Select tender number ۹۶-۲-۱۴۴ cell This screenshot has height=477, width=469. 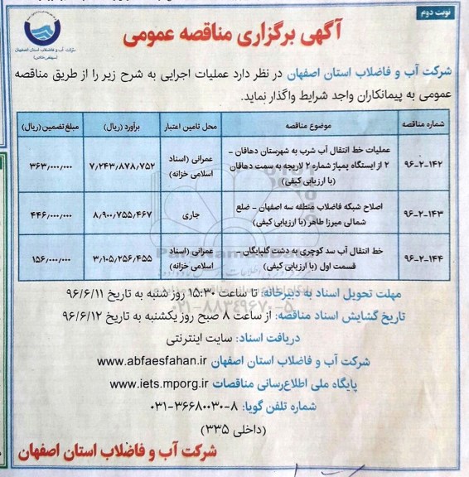(423, 256)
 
